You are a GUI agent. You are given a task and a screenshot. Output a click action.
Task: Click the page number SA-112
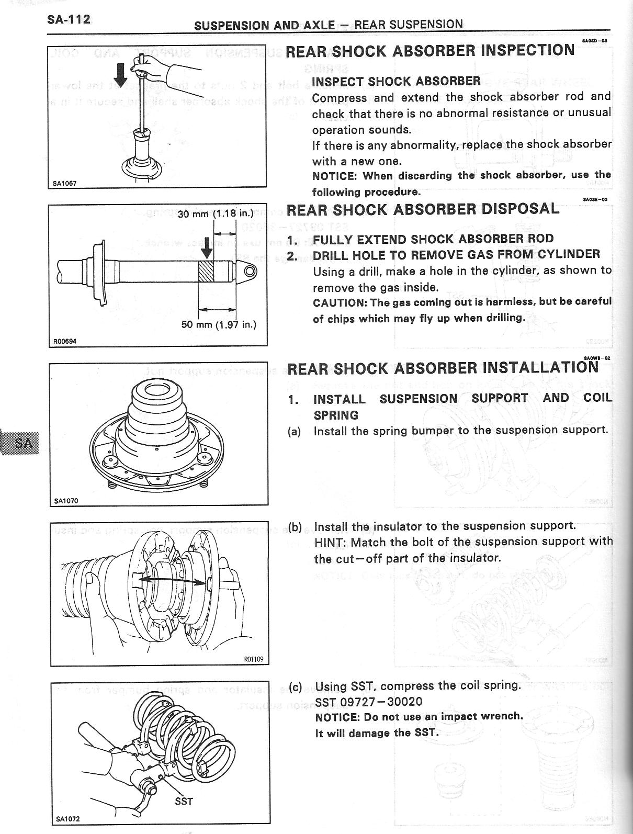(x=69, y=20)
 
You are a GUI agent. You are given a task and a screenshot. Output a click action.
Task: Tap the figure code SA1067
(x=64, y=183)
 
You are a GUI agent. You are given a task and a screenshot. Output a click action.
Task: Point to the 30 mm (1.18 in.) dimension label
(x=216, y=213)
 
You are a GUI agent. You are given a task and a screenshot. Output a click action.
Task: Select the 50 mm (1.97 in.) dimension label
(x=219, y=324)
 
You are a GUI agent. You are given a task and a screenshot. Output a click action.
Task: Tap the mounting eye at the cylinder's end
(x=250, y=271)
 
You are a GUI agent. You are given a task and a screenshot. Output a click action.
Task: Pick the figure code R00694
(x=65, y=341)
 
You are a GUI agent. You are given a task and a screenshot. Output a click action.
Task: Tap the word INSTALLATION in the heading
(x=540, y=367)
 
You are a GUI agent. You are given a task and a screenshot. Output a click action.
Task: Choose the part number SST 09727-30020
(x=369, y=702)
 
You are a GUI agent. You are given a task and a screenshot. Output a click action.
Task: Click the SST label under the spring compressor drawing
(x=184, y=801)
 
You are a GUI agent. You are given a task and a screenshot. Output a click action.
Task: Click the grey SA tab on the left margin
(x=19, y=443)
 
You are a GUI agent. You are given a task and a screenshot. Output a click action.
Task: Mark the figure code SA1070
(x=66, y=501)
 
